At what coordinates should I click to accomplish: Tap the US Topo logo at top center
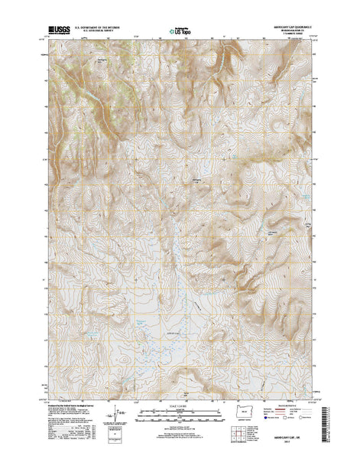(180, 32)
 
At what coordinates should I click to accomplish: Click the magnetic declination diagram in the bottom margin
(115, 419)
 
